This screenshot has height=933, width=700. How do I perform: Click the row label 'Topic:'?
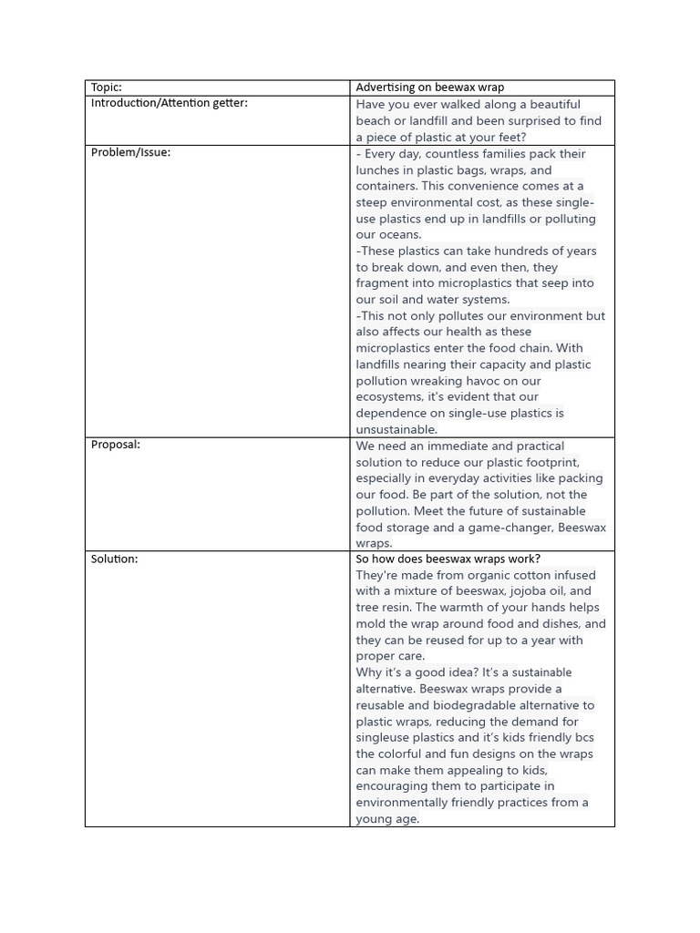coord(106,87)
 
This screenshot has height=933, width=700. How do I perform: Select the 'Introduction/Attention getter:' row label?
coord(169,103)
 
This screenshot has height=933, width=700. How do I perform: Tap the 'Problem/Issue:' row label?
coord(130,152)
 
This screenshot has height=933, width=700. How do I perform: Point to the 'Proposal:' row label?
coord(115,445)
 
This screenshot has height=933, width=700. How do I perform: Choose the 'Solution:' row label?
coord(114,559)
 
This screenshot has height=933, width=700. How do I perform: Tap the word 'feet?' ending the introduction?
coord(510,137)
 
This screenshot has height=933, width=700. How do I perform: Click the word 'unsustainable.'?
coord(396,429)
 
